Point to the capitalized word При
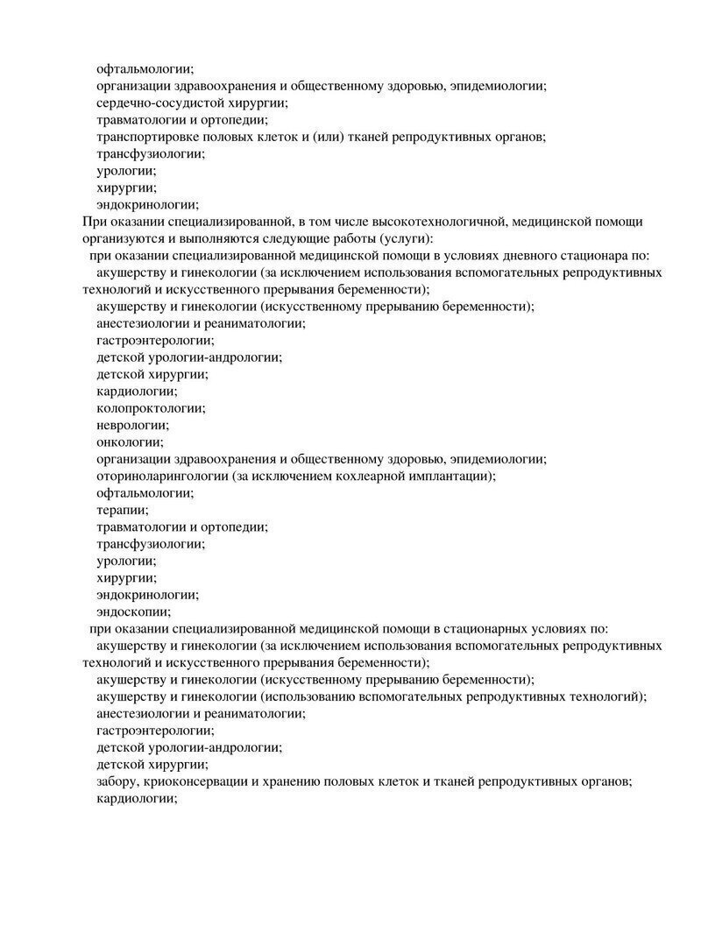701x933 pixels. (x=92, y=222)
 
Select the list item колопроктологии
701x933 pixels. (x=150, y=408)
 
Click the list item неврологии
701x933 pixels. (x=132, y=425)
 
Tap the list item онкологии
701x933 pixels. (x=129, y=442)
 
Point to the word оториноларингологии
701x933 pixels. (x=162, y=477)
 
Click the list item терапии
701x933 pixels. (x=122, y=510)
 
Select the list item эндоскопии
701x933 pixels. (x=133, y=612)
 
